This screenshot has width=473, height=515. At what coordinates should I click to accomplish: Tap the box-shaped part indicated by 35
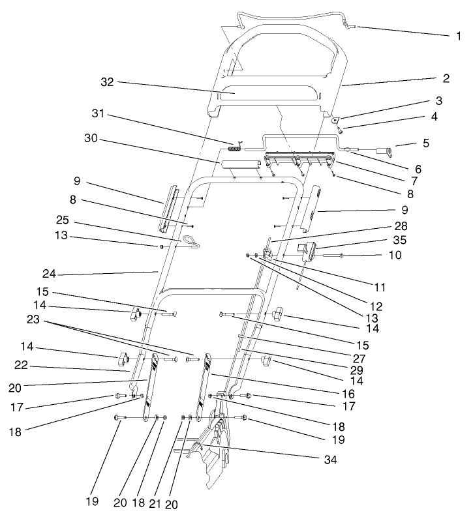(x=306, y=248)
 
